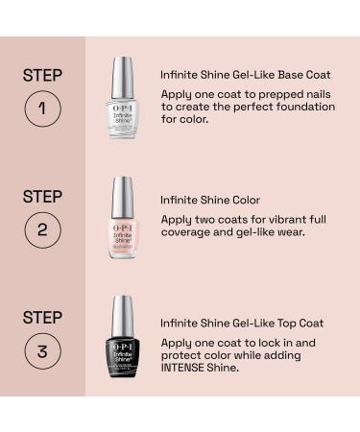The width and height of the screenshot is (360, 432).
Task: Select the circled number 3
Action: click(43, 351)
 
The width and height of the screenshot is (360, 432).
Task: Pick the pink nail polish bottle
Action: click(121, 229)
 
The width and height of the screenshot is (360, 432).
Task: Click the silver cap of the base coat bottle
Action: click(121, 72)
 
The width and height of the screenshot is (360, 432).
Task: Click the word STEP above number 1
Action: click(42, 74)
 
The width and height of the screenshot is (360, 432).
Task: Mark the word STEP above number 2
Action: click(42, 196)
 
